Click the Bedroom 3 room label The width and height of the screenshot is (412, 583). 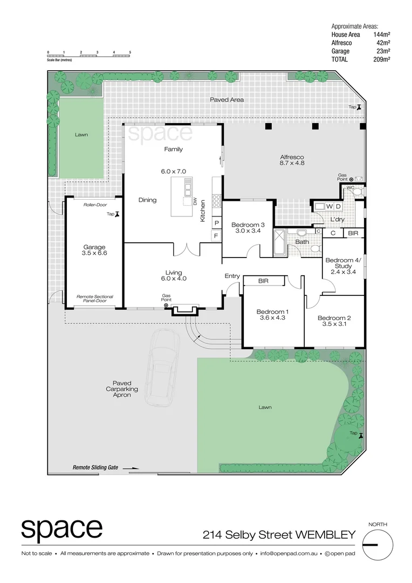(x=248, y=225)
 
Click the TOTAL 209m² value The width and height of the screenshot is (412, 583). (x=382, y=59)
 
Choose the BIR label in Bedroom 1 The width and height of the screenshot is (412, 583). (x=264, y=281)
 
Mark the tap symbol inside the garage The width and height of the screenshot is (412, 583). (x=116, y=214)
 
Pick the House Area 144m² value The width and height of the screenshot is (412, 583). (x=382, y=35)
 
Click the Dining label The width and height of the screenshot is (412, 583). (x=147, y=200)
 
